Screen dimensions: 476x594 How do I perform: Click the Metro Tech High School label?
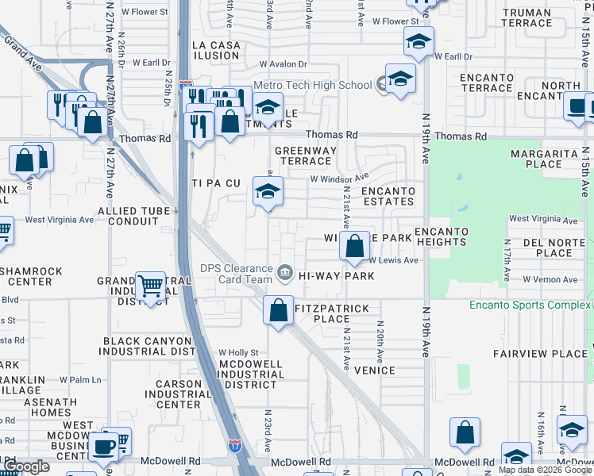click(x=312, y=86)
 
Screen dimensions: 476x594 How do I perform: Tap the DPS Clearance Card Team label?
click(x=237, y=274)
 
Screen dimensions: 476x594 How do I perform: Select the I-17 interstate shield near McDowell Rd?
click(x=235, y=446)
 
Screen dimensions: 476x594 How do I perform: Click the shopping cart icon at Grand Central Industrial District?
click(x=150, y=287)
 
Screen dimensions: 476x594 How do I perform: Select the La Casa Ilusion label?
click(x=216, y=50)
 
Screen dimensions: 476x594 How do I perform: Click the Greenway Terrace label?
click(x=306, y=155)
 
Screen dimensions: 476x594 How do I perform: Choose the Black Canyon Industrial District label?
click(x=148, y=346)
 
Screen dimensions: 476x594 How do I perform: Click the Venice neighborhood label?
click(x=374, y=370)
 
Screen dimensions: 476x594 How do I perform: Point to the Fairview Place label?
click(x=529, y=354)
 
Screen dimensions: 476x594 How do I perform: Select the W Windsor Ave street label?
click(x=339, y=178)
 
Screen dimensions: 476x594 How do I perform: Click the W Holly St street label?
click(x=238, y=352)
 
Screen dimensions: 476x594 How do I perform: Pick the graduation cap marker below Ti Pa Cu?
click(x=268, y=192)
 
